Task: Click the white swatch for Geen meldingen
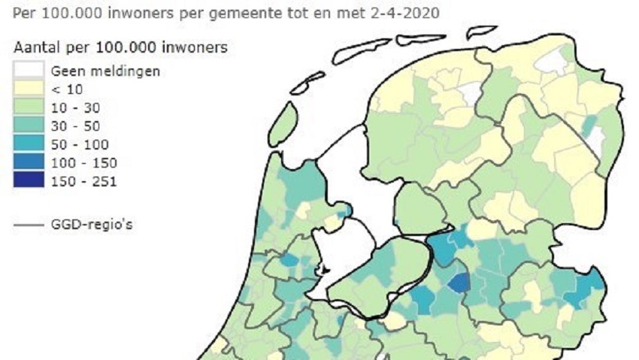coord(28,71)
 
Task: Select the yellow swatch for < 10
coord(28,89)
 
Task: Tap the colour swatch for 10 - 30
coord(28,107)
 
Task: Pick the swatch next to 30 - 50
coord(28,126)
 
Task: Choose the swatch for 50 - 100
coord(28,144)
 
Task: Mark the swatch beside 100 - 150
coord(28,162)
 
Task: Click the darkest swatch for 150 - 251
coord(28,180)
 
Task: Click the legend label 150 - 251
coord(83,180)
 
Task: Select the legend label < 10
coord(66,89)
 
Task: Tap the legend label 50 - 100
coord(80,144)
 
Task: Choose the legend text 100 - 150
coord(83,162)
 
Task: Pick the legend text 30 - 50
coord(76,126)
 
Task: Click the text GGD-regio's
coord(92,223)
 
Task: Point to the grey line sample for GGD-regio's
coord(28,223)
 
